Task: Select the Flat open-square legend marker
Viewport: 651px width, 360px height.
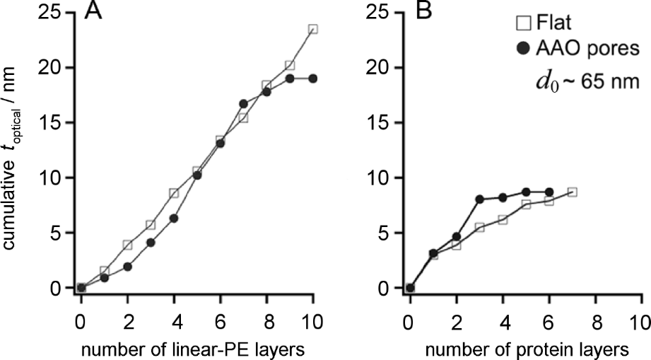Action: [524, 26]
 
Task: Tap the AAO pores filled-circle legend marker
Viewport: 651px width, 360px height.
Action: [524, 49]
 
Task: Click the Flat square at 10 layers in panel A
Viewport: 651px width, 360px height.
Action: [313, 29]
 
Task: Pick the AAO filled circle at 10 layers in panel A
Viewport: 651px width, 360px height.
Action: [313, 79]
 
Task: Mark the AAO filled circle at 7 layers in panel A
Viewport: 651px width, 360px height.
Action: [244, 103]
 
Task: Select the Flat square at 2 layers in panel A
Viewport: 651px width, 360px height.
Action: [127, 245]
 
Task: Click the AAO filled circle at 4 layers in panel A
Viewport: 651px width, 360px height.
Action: [174, 219]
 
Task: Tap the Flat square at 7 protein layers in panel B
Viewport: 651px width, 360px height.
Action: [572, 192]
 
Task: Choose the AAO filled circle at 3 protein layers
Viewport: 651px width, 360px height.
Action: [479, 199]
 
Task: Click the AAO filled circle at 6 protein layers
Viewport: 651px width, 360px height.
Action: [549, 192]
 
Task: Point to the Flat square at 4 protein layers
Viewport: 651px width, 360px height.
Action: [503, 219]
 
